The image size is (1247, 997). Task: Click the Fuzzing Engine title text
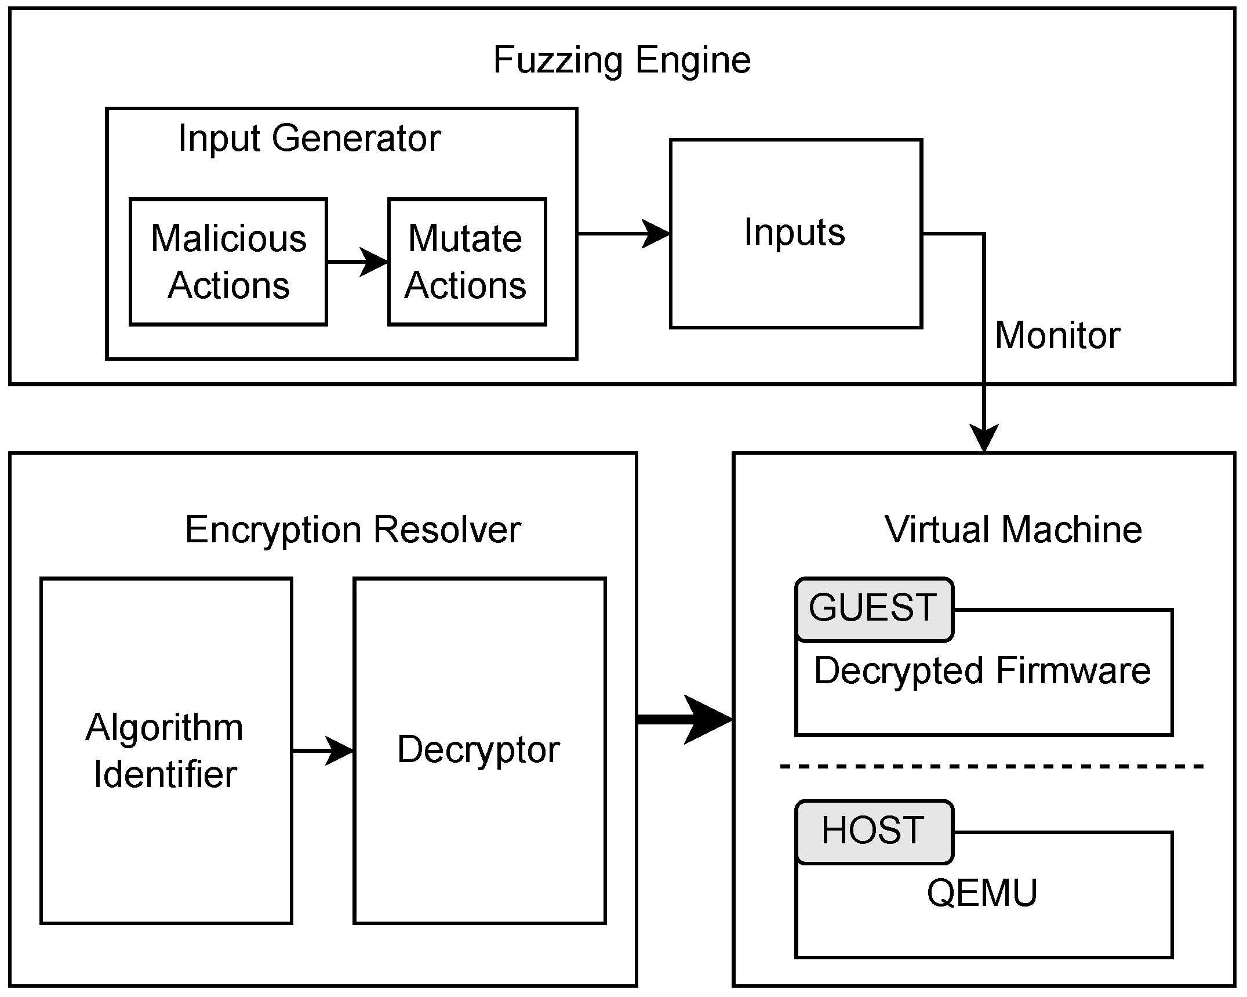[x=621, y=60]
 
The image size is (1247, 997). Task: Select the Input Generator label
[x=309, y=139]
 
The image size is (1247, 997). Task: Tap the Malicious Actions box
[x=228, y=262]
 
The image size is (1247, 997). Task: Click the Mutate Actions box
[x=466, y=262]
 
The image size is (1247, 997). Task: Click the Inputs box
[x=795, y=233]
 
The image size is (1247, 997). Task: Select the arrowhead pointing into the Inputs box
[x=656, y=234]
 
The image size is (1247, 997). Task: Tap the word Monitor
[x=1057, y=336]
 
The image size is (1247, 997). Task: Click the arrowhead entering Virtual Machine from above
[x=984, y=438]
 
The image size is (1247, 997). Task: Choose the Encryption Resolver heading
[x=352, y=530]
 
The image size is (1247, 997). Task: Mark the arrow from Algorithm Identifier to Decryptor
[x=323, y=751]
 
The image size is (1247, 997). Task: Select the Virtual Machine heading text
[x=1013, y=530]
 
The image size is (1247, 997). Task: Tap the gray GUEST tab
[x=874, y=608]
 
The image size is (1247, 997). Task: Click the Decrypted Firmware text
[x=982, y=671]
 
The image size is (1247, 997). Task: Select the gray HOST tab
[x=874, y=831]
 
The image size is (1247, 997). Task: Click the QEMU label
[x=982, y=893]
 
